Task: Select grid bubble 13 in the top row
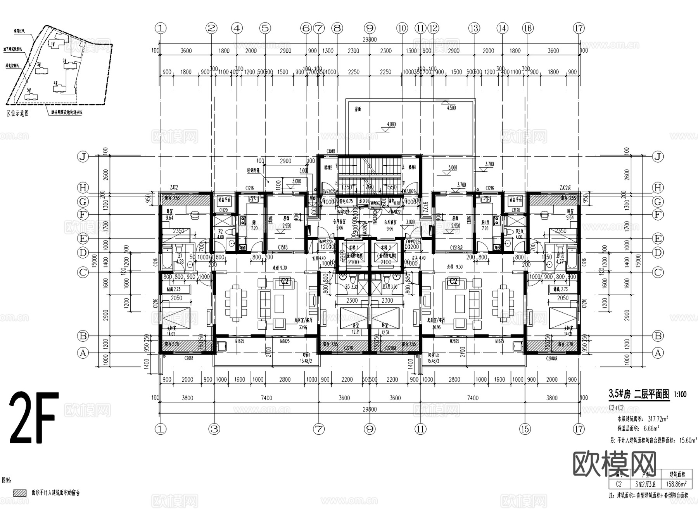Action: (474, 28)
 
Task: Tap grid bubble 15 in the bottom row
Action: (525, 429)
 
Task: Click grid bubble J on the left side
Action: (83, 157)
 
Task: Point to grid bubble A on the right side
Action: (658, 353)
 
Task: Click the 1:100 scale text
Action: (680, 395)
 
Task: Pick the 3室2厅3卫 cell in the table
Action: (648, 484)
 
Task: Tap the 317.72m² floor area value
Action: (655, 419)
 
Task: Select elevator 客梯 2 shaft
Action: (386, 256)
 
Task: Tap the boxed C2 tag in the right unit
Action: (453, 281)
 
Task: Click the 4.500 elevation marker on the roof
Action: (451, 108)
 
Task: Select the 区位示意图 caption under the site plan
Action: (18, 113)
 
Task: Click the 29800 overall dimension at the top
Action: (369, 40)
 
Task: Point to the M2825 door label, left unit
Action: (285, 341)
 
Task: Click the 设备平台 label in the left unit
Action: (224, 200)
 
